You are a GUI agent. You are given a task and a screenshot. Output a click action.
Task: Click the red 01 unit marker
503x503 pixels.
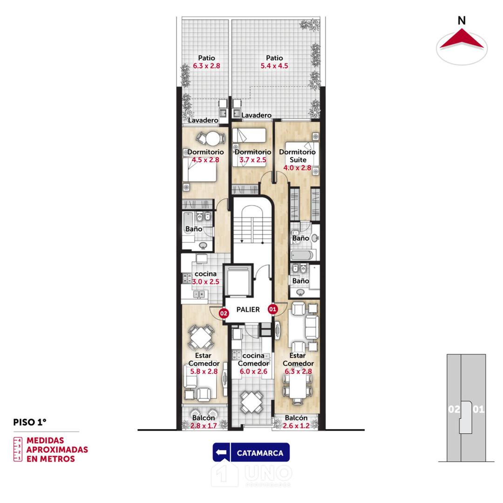[272, 309]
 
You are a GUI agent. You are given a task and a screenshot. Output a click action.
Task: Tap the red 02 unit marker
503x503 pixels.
[224, 313]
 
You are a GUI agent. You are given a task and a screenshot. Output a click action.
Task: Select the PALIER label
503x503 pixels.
[248, 310]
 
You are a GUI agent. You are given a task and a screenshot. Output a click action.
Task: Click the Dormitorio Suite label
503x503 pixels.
[297, 156]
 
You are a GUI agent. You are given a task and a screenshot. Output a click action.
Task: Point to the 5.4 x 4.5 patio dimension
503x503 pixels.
[274, 66]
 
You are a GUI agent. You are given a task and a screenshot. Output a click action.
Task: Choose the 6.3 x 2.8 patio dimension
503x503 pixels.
[207, 66]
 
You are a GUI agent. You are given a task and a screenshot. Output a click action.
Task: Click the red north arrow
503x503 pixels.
[462, 39]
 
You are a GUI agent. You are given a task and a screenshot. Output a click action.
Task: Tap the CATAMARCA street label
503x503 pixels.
[260, 453]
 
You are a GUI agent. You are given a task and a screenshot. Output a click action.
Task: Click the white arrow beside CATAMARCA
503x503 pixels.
[221, 452]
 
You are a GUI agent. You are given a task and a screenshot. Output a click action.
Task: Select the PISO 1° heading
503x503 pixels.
[30, 422]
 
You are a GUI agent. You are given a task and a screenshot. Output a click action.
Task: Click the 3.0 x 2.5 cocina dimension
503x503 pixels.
[206, 282]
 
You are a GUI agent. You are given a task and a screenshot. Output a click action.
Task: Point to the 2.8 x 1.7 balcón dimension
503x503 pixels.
[204, 426]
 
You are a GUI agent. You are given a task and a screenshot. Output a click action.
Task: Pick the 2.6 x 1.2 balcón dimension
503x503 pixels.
[296, 426]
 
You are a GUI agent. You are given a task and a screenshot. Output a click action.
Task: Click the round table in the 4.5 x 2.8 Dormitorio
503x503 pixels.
[212, 139]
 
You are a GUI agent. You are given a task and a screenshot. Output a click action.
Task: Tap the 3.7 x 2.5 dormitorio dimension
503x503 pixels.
[253, 160]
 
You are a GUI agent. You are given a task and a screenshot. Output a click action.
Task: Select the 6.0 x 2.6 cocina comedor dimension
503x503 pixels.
[253, 371]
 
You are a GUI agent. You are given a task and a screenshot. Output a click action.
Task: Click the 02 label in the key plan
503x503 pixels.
[454, 409]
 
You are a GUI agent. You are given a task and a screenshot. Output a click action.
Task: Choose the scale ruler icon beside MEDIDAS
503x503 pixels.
[18, 449]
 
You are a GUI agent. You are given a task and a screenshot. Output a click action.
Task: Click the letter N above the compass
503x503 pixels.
[462, 20]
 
